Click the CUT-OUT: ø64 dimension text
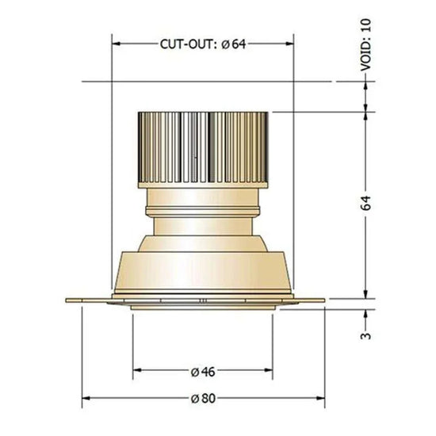(203, 44)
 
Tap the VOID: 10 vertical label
(365, 45)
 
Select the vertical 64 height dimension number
(365, 203)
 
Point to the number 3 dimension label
(365, 336)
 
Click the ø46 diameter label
(203, 372)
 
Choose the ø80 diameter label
(203, 399)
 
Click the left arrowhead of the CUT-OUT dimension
(116, 44)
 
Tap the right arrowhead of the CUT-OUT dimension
(289, 44)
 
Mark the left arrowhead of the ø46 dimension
(137, 370)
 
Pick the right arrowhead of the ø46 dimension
(269, 370)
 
